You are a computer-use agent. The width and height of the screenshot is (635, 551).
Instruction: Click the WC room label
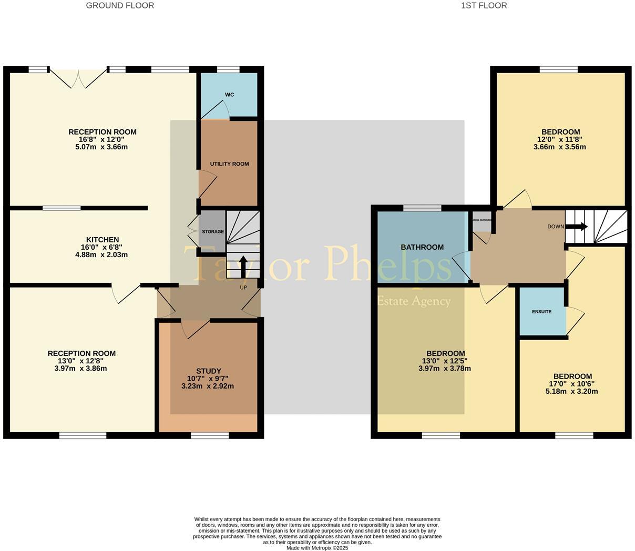click(x=229, y=95)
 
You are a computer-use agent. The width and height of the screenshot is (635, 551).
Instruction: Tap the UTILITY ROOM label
click(x=229, y=164)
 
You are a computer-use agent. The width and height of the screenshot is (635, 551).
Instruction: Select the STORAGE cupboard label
click(x=213, y=232)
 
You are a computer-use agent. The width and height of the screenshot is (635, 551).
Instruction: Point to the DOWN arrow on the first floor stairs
click(x=577, y=227)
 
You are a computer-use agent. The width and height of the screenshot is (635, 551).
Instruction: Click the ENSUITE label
click(x=541, y=312)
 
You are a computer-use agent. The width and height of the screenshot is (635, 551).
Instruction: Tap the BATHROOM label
click(x=422, y=247)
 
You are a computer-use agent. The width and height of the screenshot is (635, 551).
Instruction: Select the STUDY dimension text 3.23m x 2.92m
click(x=208, y=386)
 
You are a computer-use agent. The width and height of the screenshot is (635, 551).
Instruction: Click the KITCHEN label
click(x=103, y=240)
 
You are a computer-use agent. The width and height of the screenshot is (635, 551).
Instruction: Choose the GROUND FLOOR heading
click(x=120, y=6)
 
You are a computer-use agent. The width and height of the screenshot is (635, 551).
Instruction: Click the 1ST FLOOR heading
click(x=484, y=6)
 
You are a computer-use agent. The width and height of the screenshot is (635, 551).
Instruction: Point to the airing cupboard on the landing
click(x=482, y=224)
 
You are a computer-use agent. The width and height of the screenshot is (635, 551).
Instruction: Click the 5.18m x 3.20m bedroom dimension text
click(x=572, y=391)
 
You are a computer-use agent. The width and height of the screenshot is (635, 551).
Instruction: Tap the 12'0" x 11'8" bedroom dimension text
click(x=560, y=139)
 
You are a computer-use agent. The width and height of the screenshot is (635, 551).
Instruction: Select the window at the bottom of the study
click(x=210, y=435)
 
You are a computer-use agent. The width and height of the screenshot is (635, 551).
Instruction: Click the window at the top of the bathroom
click(x=422, y=208)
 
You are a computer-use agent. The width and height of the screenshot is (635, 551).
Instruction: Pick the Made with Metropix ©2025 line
click(x=317, y=548)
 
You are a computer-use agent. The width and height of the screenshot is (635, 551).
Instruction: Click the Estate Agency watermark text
click(x=414, y=301)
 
